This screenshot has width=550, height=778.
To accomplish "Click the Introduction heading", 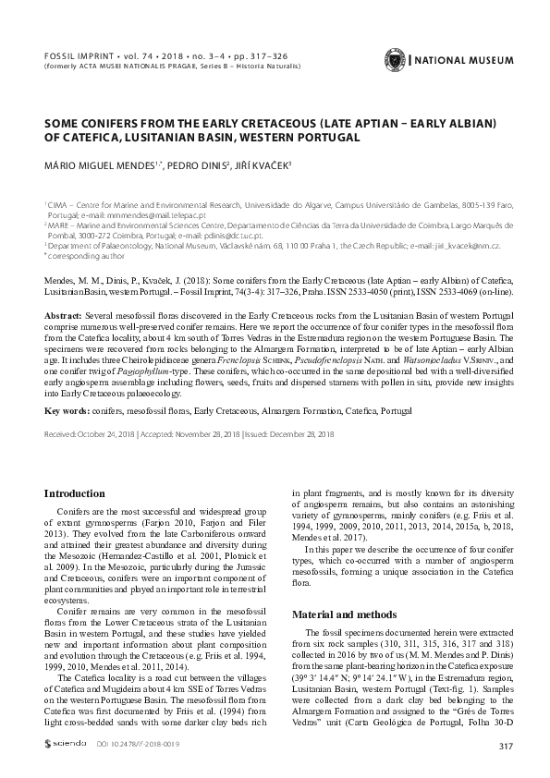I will coord(75,494).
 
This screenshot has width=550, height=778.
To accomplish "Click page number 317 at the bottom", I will coord(504,746).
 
